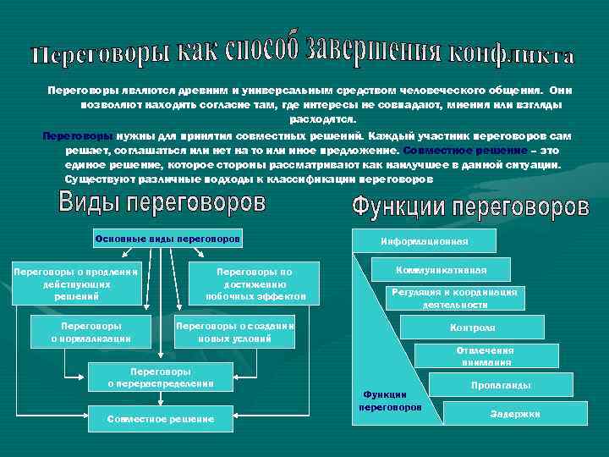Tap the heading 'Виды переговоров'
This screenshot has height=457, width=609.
[162, 204]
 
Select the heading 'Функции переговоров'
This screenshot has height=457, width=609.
[469, 206]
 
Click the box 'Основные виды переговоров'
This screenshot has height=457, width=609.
[168, 239]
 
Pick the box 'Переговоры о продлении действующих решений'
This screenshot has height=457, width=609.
[76, 284]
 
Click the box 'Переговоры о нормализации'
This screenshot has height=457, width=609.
[91, 332]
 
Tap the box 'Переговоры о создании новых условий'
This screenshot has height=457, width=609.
[234, 332]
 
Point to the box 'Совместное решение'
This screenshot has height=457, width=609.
[160, 418]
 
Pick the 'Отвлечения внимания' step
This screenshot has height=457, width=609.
[485, 356]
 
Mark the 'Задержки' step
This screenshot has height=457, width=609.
[514, 413]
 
